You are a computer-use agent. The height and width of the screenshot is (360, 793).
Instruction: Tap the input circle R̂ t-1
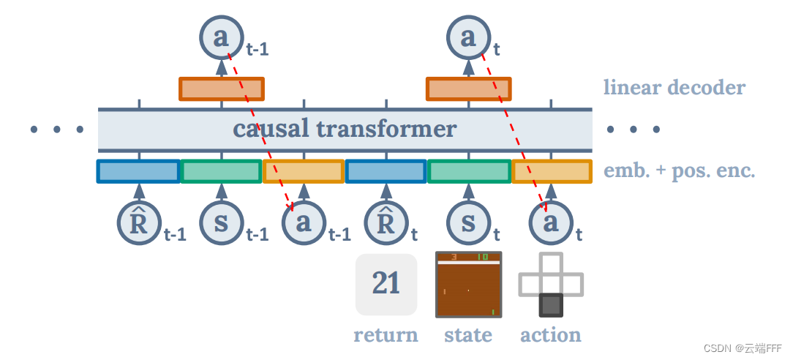[139, 223]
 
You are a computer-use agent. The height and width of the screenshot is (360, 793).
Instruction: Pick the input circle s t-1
[221, 223]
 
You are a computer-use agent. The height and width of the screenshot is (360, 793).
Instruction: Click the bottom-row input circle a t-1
[304, 223]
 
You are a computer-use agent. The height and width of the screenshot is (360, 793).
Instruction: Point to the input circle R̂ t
[386, 223]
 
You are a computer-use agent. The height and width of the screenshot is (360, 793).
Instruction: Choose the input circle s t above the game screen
[468, 223]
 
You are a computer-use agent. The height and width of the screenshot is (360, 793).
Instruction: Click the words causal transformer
[345, 130]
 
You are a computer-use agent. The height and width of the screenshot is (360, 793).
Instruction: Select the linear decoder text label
[674, 88]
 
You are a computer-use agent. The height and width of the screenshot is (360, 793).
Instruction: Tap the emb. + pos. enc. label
[679, 172]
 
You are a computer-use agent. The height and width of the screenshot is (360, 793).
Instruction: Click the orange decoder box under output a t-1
[221, 89]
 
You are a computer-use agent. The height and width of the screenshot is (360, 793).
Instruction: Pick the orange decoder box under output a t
[468, 89]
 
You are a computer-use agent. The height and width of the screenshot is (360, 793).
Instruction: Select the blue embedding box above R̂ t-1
[138, 171]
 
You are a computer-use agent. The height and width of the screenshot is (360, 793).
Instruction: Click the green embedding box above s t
[468, 171]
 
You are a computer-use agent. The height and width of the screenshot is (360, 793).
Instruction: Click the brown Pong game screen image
[468, 285]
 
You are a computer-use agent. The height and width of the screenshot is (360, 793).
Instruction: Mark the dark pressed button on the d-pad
[551, 305]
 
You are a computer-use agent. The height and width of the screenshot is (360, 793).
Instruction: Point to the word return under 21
[386, 335]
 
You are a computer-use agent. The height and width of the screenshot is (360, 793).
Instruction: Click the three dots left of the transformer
[57, 130]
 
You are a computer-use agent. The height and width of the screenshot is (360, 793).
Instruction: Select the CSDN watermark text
[743, 348]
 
